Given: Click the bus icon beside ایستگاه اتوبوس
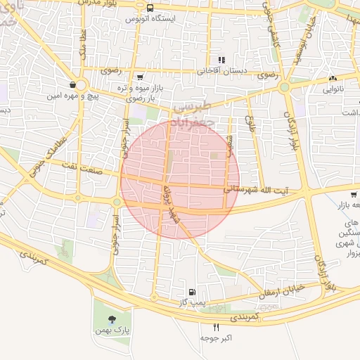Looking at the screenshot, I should pos(150,8).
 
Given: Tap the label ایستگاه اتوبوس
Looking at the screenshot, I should pos(150,18).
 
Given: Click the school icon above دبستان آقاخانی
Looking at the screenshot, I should pos(221,60).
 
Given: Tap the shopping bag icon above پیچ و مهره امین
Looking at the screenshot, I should pos(72,84).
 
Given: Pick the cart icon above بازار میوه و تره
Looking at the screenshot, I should pos(140,77).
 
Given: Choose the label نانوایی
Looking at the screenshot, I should pos(333,90).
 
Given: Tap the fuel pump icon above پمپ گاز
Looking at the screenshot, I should pos(191,291).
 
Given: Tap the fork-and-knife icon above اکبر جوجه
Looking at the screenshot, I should pos(216,327).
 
